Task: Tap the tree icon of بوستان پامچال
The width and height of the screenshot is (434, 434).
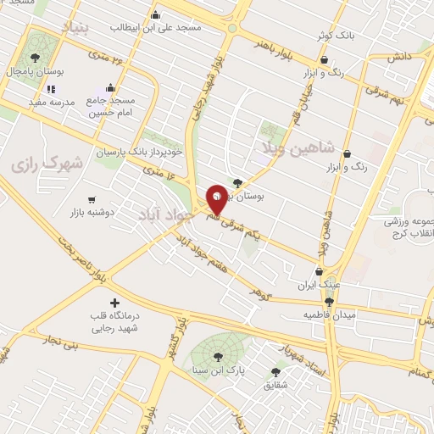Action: [x=34, y=58]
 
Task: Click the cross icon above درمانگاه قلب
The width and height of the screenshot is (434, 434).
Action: [x=115, y=303]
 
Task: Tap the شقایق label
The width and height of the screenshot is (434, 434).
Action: [x=275, y=386]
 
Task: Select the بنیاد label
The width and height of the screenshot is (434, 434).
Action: [x=74, y=29]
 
